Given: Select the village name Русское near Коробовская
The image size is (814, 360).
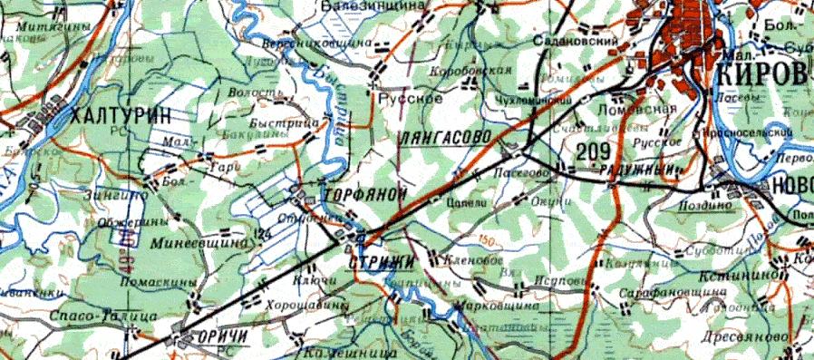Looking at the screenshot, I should pos(403,98).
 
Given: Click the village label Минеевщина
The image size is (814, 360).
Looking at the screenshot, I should pos(204,243).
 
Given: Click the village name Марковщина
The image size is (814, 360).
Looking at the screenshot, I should pos(496,306).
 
